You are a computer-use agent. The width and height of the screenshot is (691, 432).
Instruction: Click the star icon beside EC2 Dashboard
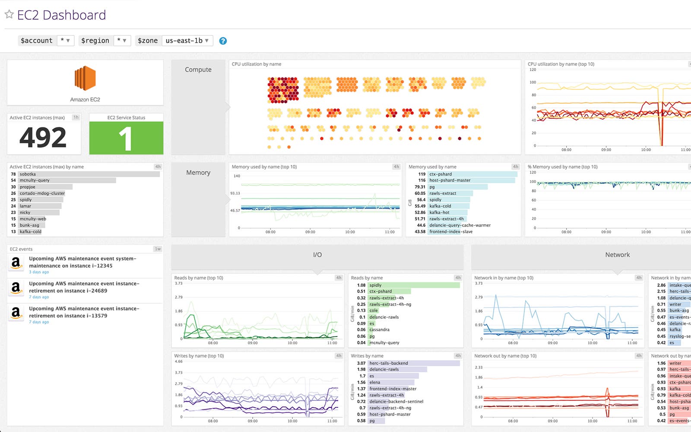tap(9, 15)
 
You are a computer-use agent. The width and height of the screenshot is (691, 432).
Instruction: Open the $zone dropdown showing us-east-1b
tap(187, 41)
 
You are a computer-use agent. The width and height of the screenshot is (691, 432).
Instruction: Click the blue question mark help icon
tap(223, 41)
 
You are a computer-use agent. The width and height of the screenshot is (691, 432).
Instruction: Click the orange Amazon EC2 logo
tap(85, 78)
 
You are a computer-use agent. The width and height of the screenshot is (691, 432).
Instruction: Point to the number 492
tap(43, 138)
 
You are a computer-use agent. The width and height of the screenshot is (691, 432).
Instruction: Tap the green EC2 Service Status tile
tap(126, 138)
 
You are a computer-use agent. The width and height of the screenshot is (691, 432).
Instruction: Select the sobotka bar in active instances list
tap(89, 174)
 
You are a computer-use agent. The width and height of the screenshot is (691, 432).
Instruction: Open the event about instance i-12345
tap(82, 262)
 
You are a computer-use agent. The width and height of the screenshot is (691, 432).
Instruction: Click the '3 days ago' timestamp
tap(39, 272)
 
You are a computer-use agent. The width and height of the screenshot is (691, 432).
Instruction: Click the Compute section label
tap(198, 70)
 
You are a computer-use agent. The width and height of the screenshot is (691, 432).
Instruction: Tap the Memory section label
tap(198, 173)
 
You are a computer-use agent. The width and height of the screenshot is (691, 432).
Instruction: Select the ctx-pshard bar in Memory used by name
tap(472, 174)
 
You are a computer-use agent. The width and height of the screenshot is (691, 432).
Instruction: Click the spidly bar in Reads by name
tap(413, 285)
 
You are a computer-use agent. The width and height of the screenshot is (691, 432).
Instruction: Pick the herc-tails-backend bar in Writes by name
tap(413, 363)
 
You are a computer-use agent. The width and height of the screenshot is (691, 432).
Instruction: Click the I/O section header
tap(317, 255)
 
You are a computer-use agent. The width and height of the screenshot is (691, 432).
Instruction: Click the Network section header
tap(617, 255)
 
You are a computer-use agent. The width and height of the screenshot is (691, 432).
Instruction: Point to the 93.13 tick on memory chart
tap(235, 193)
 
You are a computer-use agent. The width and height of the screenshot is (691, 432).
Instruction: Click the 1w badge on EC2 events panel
tap(158, 249)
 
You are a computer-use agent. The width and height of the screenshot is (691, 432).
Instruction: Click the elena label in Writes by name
tap(375, 382)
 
